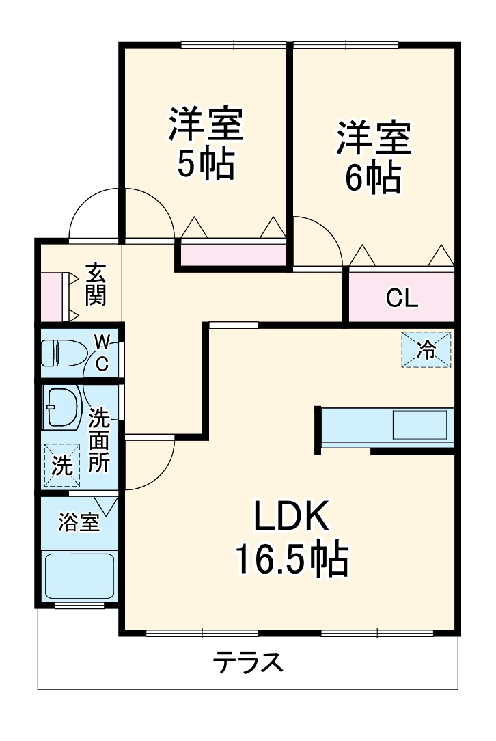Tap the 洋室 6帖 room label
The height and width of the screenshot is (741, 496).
click(373, 157)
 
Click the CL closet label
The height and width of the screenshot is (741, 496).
click(402, 298)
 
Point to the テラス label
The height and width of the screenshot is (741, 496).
click(248, 662)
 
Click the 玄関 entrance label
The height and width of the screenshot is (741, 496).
click(96, 283)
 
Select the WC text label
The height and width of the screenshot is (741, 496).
click(101, 352)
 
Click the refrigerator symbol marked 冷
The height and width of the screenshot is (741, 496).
click(426, 350)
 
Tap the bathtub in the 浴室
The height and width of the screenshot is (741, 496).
click(79, 577)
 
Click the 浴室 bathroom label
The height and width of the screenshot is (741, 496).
click(79, 522)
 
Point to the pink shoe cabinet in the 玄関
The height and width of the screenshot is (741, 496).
click(52, 296)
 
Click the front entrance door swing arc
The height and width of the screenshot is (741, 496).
click(96, 213)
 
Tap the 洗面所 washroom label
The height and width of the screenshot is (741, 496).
click(100, 440)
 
